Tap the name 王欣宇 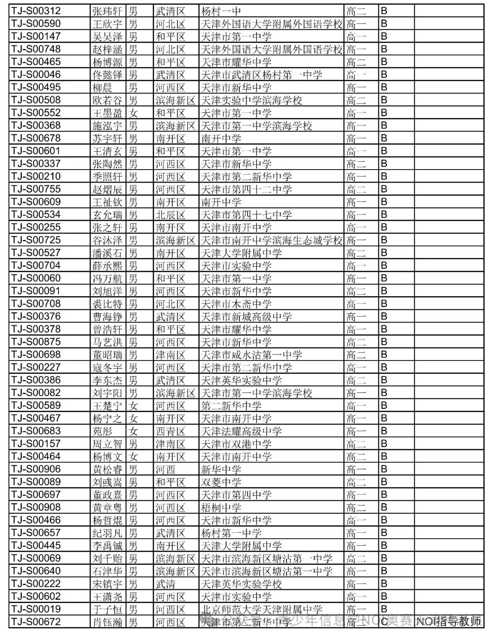[x=107, y=24]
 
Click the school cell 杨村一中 [x=221, y=11]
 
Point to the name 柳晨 [x=103, y=87]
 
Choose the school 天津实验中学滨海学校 [x=251, y=100]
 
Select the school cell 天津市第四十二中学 [x=246, y=189]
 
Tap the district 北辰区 [x=170, y=214]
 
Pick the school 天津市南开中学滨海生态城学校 [x=272, y=240]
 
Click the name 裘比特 [x=107, y=304]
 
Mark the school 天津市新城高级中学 [x=246, y=317]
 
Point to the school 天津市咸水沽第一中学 [x=251, y=354]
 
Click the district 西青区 [x=170, y=431]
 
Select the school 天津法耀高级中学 [x=241, y=431]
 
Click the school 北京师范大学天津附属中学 [x=262, y=609]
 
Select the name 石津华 [x=107, y=571]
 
